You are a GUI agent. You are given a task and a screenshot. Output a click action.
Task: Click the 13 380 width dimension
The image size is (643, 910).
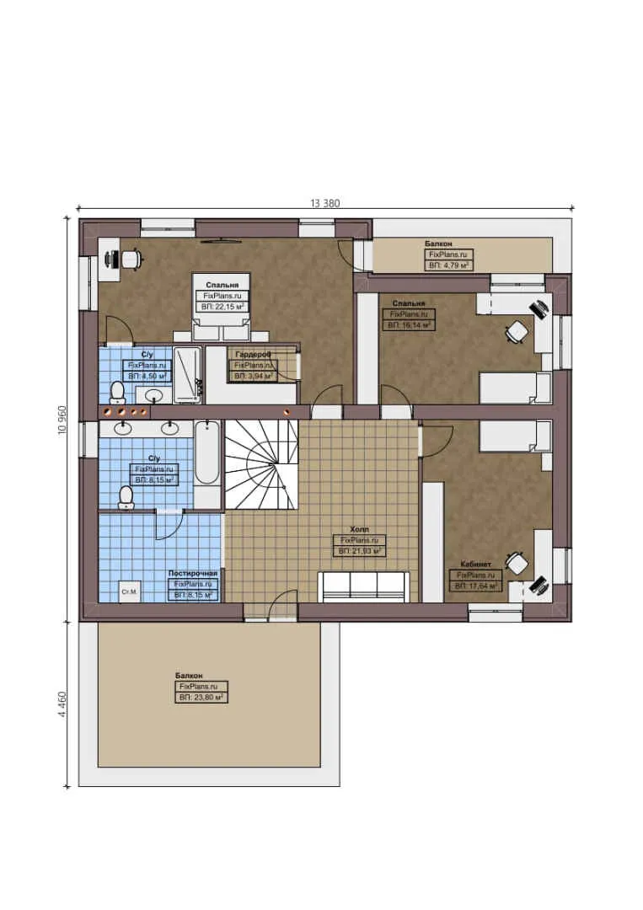tap(325, 202)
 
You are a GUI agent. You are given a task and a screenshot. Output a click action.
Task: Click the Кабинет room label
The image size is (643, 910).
tap(476, 565)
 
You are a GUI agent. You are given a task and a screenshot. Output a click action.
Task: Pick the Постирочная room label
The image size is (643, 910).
tap(193, 573)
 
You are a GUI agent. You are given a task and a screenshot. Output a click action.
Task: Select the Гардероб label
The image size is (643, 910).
tap(253, 355)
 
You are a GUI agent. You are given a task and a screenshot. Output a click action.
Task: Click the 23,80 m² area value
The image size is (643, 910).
tap(201, 699)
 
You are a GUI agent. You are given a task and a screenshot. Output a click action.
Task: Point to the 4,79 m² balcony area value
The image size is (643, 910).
tap(448, 265)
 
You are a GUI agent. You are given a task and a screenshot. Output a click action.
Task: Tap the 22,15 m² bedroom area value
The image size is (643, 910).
tap(222, 308)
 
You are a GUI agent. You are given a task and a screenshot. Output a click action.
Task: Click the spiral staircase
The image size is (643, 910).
tap(262, 464)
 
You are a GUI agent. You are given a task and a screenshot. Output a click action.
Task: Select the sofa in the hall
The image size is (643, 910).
tap(363, 586)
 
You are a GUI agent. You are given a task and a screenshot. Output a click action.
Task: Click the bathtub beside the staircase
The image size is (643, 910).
tap(207, 455)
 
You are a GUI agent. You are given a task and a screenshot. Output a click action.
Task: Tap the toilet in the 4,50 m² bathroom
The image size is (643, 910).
tap(118, 391)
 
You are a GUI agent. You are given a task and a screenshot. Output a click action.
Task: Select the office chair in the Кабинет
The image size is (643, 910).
tap(516, 562)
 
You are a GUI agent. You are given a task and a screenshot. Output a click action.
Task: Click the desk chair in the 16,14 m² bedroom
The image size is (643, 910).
tap(516, 332)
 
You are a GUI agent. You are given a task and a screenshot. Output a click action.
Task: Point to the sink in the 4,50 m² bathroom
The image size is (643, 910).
tap(154, 394)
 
